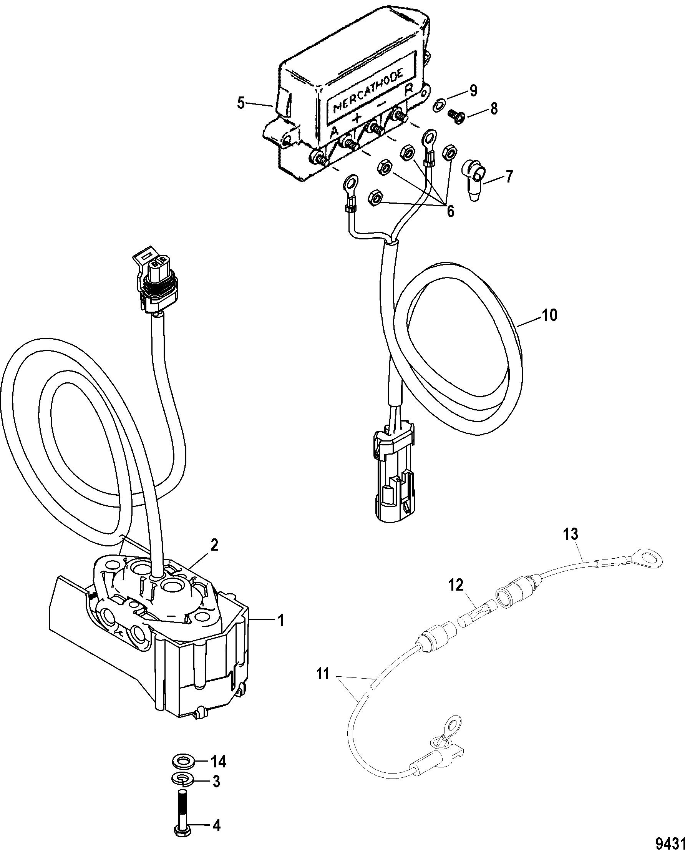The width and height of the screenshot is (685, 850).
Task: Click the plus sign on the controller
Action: click(x=356, y=117)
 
